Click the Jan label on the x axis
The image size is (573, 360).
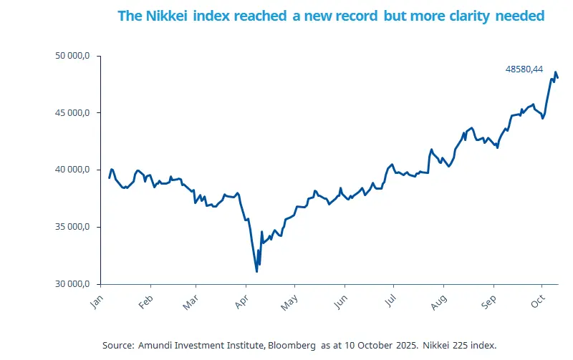coord(97,301)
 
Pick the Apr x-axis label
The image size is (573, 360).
coord(241,301)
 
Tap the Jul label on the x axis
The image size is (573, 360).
coord(389,301)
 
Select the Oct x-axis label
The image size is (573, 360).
coord(537,301)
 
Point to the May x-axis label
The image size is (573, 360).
coord(289,301)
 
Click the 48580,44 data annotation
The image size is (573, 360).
coord(524,69)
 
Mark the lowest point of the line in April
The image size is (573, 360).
coord(256,271)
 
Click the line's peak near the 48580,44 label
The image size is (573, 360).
coord(555,72)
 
